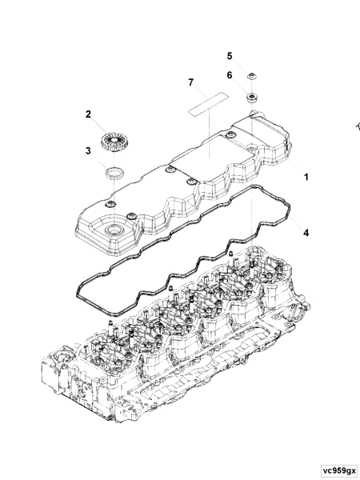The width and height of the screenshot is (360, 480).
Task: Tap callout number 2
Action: [88, 114]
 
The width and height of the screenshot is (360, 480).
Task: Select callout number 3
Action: [88, 150]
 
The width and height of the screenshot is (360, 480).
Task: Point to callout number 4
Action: [305, 232]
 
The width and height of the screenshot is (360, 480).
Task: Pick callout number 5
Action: [229, 55]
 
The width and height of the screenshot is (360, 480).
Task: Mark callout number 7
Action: [190, 82]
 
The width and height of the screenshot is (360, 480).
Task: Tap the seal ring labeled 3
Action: [115, 171]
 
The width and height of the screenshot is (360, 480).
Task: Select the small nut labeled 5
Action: [251, 78]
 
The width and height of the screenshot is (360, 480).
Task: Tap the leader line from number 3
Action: [99, 158]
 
